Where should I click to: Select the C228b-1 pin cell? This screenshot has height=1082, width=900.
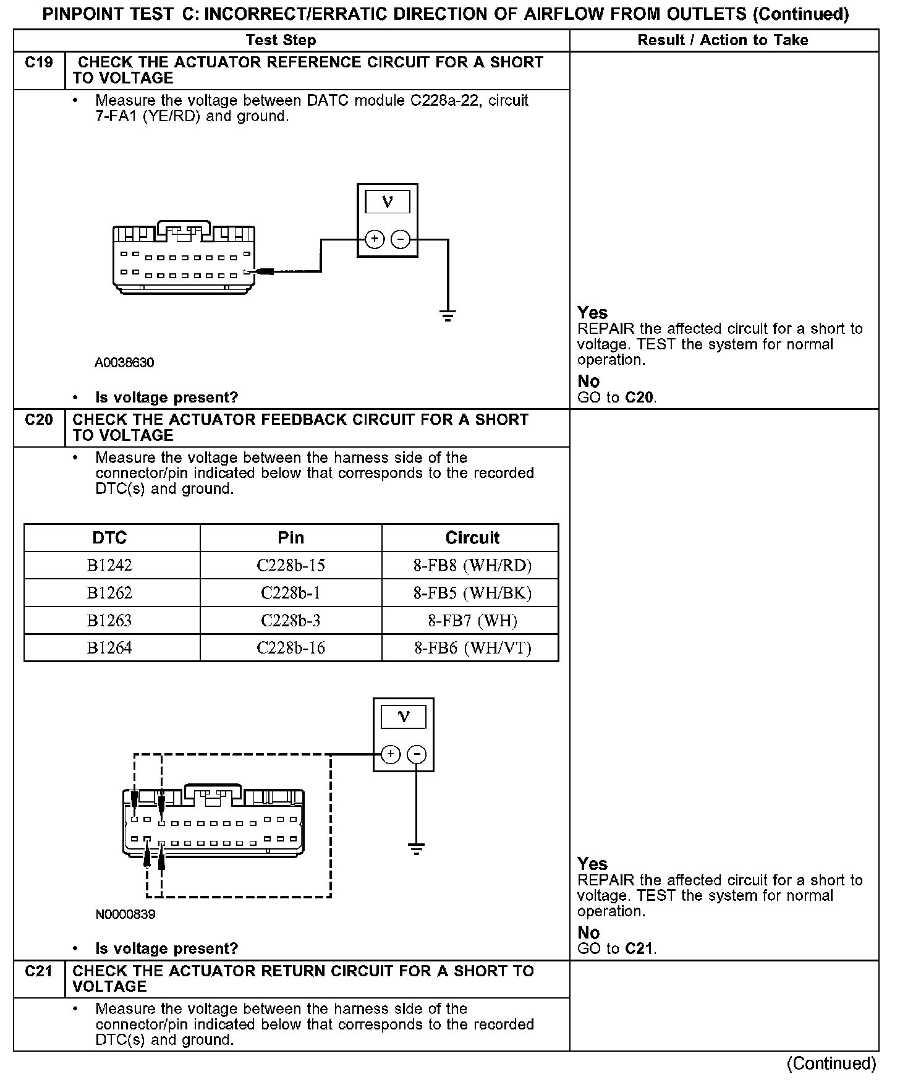291,593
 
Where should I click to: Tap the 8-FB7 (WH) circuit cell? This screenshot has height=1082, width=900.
472,620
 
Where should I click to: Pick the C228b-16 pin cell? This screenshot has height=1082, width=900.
291,647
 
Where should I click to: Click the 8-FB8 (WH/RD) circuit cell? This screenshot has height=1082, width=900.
472,565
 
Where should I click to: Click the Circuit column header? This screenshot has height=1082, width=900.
472,537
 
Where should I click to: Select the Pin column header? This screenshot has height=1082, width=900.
291,537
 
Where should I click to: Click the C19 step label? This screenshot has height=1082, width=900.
39,62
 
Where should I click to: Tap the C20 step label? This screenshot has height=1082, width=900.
39,420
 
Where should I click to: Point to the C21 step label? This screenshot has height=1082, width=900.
39,971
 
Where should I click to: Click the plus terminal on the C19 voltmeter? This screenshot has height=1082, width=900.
375,239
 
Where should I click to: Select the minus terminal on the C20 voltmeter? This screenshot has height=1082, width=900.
417,754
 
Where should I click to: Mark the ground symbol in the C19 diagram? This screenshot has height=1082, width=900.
448,316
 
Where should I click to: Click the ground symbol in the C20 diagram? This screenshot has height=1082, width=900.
417,849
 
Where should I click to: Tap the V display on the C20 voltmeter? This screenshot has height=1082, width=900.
404,717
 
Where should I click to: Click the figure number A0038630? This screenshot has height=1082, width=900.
124,362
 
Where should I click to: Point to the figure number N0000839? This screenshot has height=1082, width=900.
125,914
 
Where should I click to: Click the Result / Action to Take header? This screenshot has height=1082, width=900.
723,40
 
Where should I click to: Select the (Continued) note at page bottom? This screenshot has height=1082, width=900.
831,1063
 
